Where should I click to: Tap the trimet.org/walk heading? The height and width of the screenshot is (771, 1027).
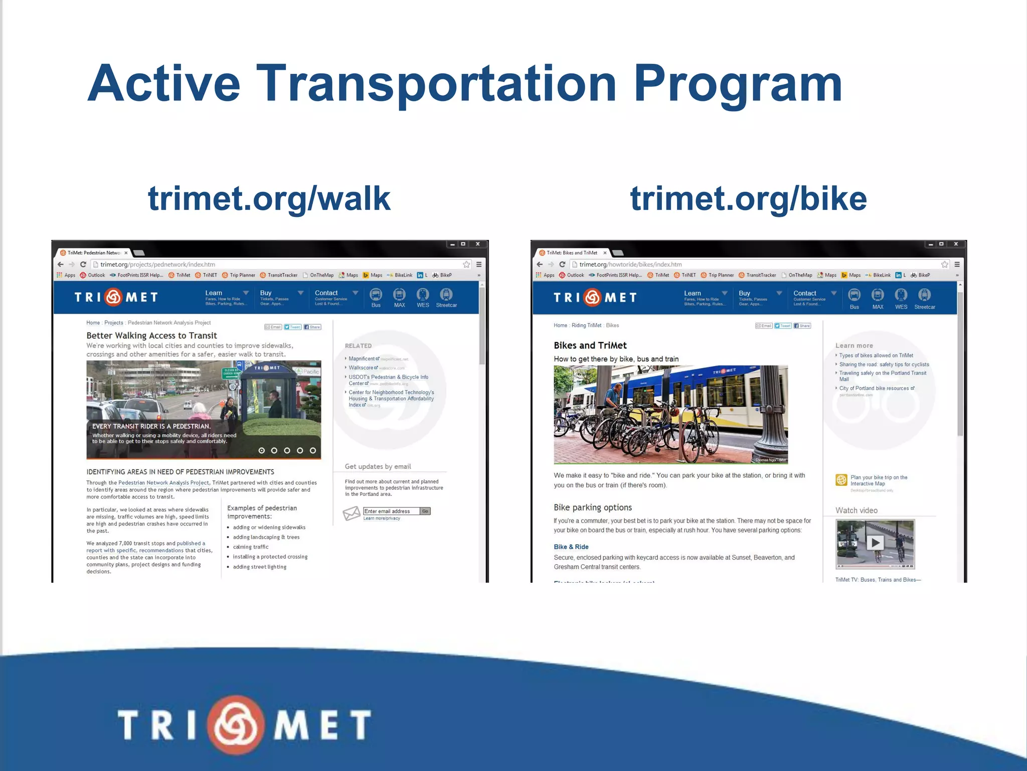tap(269, 198)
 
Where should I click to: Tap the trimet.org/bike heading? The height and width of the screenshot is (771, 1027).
tap(748, 198)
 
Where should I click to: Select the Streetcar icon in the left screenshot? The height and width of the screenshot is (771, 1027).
tap(446, 297)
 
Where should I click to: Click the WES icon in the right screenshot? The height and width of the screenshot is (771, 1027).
tap(901, 298)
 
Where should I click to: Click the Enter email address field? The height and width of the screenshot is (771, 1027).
tap(391, 511)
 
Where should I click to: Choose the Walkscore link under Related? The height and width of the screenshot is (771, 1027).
tap(361, 367)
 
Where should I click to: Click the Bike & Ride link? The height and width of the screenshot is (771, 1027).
tap(571, 547)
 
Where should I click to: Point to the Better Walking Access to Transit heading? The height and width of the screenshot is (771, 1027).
tap(151, 335)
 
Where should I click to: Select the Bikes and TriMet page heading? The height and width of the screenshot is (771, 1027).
tap(590, 345)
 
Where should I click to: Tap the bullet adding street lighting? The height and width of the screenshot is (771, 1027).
tap(259, 567)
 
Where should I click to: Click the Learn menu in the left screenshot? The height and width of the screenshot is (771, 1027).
tap(214, 293)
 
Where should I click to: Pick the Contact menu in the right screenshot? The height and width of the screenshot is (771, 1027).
tap(804, 294)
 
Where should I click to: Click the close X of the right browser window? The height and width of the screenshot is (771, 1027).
tap(955, 244)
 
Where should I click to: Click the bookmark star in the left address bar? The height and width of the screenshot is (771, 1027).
tap(466, 264)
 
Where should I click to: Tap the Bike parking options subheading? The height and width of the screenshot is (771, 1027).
tap(592, 507)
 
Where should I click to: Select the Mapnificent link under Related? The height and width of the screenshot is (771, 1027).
tap(362, 358)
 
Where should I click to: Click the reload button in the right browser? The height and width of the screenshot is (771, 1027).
tap(562, 264)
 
